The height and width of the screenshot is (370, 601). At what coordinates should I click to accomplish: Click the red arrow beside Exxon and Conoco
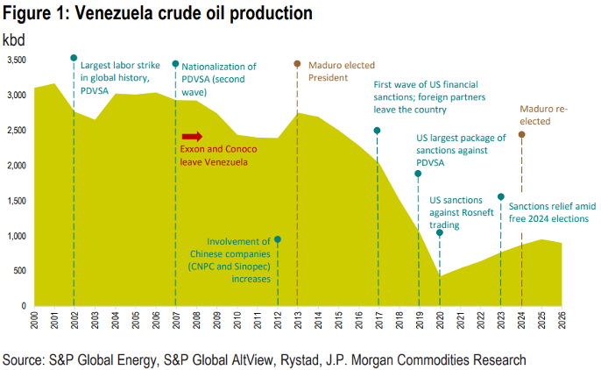[192, 136]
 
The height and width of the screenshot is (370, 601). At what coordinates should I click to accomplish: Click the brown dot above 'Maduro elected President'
[297, 64]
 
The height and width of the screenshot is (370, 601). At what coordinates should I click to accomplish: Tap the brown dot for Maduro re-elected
[521, 134]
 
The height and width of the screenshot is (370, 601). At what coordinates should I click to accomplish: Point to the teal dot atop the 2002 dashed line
[74, 58]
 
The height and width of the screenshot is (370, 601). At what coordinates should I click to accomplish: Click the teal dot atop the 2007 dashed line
[175, 64]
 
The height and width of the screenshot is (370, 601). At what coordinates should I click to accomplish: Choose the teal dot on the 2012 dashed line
[278, 239]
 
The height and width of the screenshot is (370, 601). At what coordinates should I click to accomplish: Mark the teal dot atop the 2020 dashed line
[440, 232]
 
